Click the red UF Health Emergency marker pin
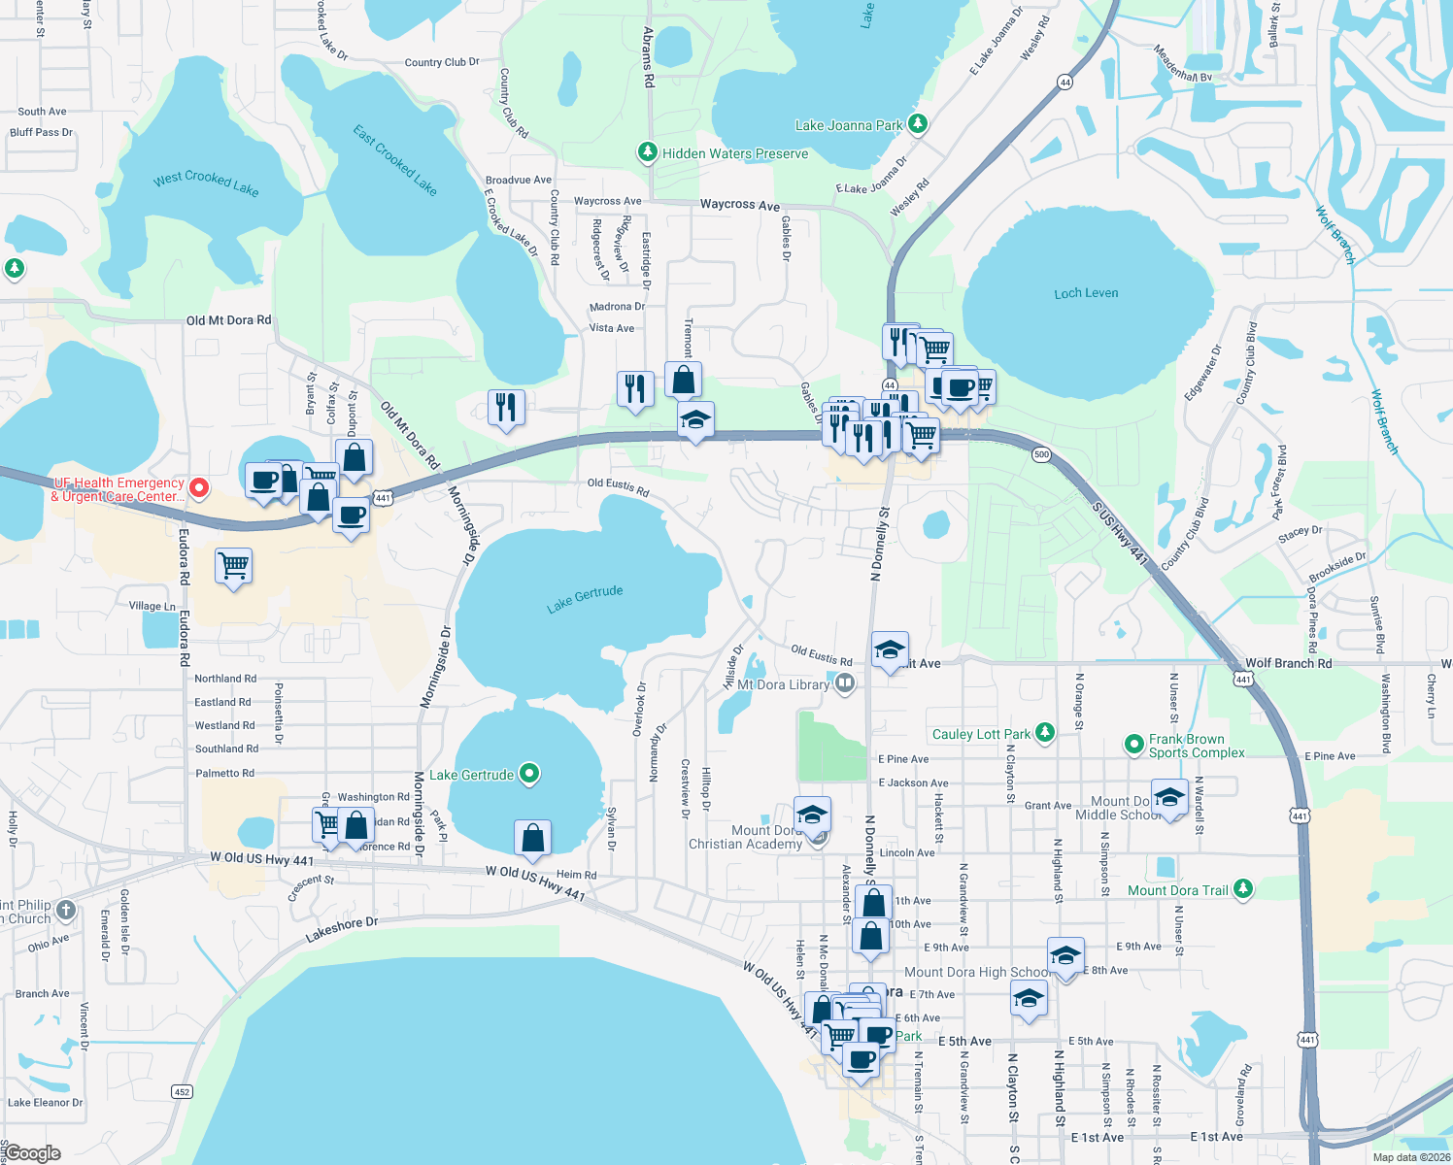pyautogui.click(x=199, y=487)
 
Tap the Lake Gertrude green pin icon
pyautogui.click(x=529, y=774)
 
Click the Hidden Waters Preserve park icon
pyautogui.click(x=647, y=152)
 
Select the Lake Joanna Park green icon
pyautogui.click(x=917, y=124)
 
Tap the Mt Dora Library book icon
pyautogui.click(x=845, y=683)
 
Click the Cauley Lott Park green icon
pyautogui.click(x=1045, y=733)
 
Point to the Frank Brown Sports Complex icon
pyautogui.click(x=1133, y=745)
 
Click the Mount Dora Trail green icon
pyautogui.click(x=1243, y=889)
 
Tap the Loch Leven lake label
pyautogui.click(x=1086, y=293)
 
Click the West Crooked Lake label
pyautogui.click(x=206, y=182)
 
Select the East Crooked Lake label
pyautogui.click(x=395, y=160)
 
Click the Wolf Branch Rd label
pyautogui.click(x=1288, y=663)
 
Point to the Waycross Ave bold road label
pyautogui.click(x=740, y=205)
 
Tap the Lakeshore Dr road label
pyautogui.click(x=342, y=929)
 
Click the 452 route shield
pyautogui.click(x=182, y=1091)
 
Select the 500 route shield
pyautogui.click(x=1041, y=454)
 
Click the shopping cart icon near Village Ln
pyautogui.click(x=234, y=564)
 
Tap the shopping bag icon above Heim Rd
pyautogui.click(x=533, y=837)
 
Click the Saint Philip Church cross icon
pyautogui.click(x=65, y=910)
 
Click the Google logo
pyautogui.click(x=32, y=1153)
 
